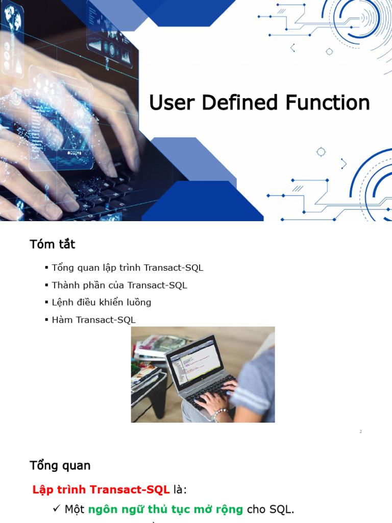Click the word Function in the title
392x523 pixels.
pyautogui.click(x=327, y=103)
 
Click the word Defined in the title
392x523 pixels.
pyautogui.click(x=241, y=103)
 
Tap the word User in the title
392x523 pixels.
pyautogui.click(x=173, y=103)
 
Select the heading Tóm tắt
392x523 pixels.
pyautogui.click(x=52, y=244)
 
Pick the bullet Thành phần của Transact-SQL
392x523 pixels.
pyautogui.click(x=119, y=285)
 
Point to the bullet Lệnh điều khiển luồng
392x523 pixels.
pyautogui.click(x=101, y=302)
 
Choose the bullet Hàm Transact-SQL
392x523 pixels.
pyautogui.click(x=93, y=320)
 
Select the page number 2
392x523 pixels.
pyautogui.click(x=360, y=432)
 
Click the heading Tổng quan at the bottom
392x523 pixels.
pyautogui.click(x=60, y=465)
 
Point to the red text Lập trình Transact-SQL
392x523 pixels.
pyautogui.click(x=101, y=490)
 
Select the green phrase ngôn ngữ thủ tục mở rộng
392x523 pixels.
pyautogui.click(x=165, y=509)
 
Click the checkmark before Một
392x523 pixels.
pyautogui.click(x=57, y=509)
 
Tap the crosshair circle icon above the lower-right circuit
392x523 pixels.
pyautogui.click(x=321, y=152)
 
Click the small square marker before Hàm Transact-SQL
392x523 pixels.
pyautogui.click(x=46, y=320)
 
